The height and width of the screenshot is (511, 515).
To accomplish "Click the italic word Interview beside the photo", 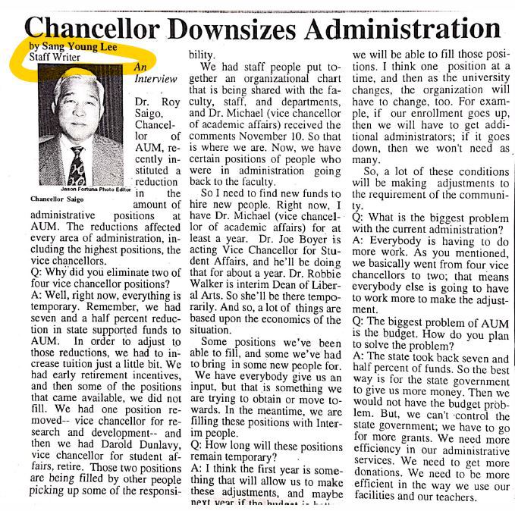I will click(x=155, y=79).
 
